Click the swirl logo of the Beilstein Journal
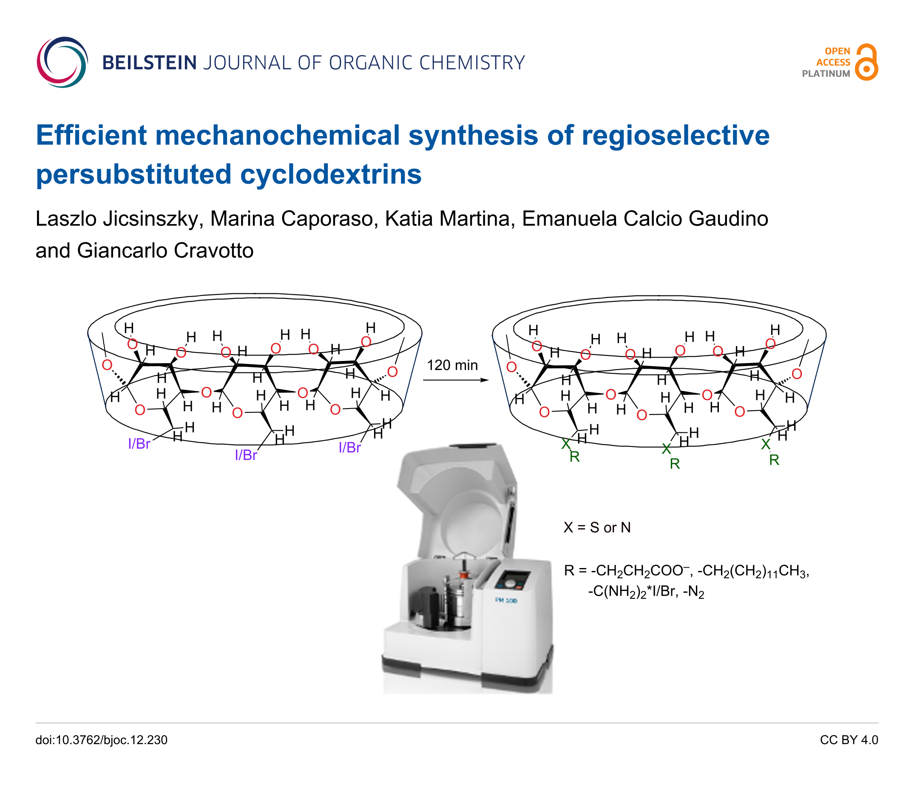pyautogui.click(x=62, y=62)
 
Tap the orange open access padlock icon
pyautogui.click(x=866, y=62)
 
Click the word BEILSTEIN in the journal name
pyautogui.click(x=150, y=63)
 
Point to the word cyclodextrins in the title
pyautogui.click(x=330, y=174)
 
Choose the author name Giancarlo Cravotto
pyautogui.click(x=165, y=250)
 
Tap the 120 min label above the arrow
pyautogui.click(x=452, y=365)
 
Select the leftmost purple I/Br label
pyautogui.click(x=139, y=443)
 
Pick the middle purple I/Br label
pyautogui.click(x=246, y=455)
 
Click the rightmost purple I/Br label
pyautogui.click(x=350, y=447)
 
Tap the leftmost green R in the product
pyautogui.click(x=574, y=457)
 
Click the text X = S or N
pyautogui.click(x=597, y=528)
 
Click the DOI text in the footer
pyautogui.click(x=102, y=740)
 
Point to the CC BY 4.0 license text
pyautogui.click(x=849, y=740)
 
